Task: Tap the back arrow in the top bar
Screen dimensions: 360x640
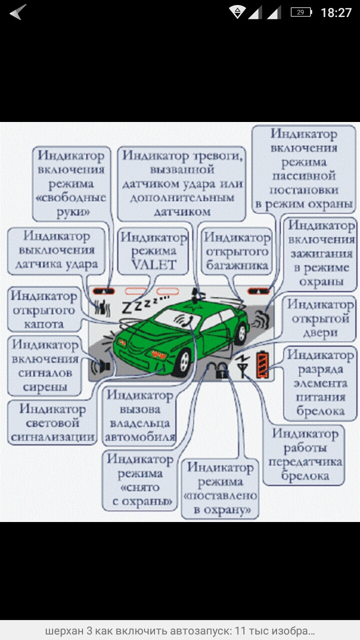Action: pos(17,12)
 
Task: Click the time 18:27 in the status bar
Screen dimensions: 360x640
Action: pos(336,12)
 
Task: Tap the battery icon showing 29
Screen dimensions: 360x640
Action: pos(301,12)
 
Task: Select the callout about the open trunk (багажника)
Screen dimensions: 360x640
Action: pos(237,251)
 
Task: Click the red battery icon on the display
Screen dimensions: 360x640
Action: pos(262,365)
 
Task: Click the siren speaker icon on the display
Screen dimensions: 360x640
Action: pos(101,366)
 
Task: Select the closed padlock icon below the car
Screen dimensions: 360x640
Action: pos(222,371)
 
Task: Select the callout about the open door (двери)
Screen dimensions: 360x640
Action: pos(320,318)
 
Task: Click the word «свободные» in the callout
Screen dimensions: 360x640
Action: pos(71,197)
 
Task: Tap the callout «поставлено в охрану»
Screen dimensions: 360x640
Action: pos(220,489)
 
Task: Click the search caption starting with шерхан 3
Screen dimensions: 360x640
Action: pos(180,630)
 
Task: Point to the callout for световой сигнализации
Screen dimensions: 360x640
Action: pos(52,423)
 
